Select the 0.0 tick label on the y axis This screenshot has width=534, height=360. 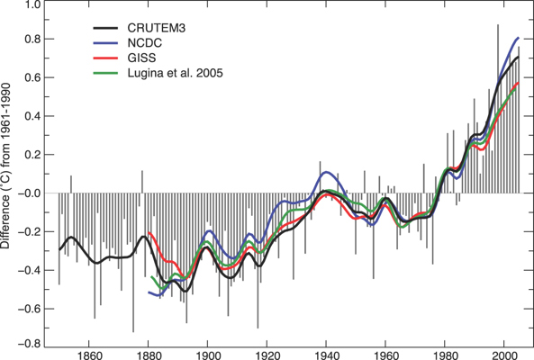click(32, 193)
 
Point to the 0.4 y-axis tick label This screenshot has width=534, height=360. click(32, 117)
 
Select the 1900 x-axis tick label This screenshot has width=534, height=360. click(207, 355)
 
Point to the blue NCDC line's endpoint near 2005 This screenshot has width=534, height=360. click(519, 38)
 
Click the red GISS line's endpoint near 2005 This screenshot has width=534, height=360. click(519, 83)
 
